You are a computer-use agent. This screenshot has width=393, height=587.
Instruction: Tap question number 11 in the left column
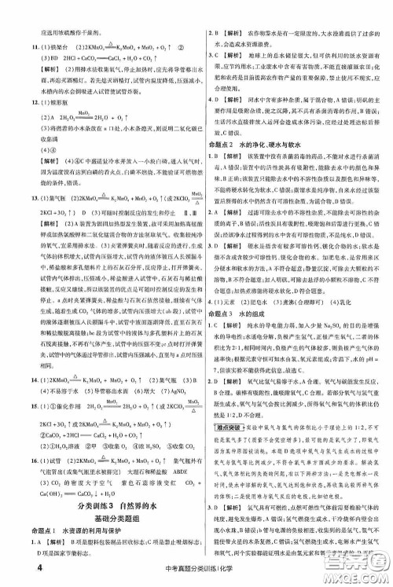[14, 50]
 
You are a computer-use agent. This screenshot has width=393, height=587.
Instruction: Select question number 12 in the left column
[14, 102]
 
